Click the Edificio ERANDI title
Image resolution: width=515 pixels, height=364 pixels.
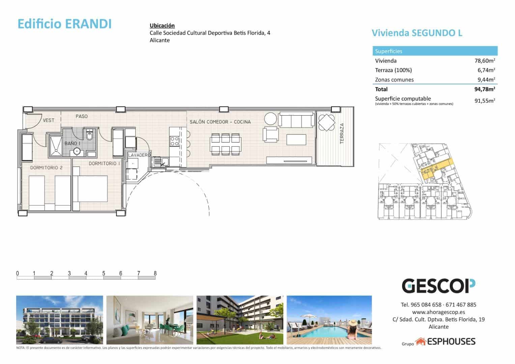click(64, 24)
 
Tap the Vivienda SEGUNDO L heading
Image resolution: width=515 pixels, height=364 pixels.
click(417, 33)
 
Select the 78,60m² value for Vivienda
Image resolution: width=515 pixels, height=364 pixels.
click(484, 61)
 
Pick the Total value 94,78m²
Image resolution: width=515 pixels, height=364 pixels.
click(484, 89)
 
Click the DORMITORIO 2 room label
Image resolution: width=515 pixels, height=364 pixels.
click(46, 168)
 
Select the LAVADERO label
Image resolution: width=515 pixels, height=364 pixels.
click(139, 155)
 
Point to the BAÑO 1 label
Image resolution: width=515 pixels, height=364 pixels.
click(72, 143)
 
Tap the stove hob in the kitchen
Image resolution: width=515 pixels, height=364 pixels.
click(174, 141)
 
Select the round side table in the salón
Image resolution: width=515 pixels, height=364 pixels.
click(270, 119)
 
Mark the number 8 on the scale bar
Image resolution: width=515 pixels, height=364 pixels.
click(155, 273)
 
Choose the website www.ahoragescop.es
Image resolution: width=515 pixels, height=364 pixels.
click(438, 312)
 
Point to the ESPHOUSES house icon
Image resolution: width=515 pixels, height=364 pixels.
click(421, 342)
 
